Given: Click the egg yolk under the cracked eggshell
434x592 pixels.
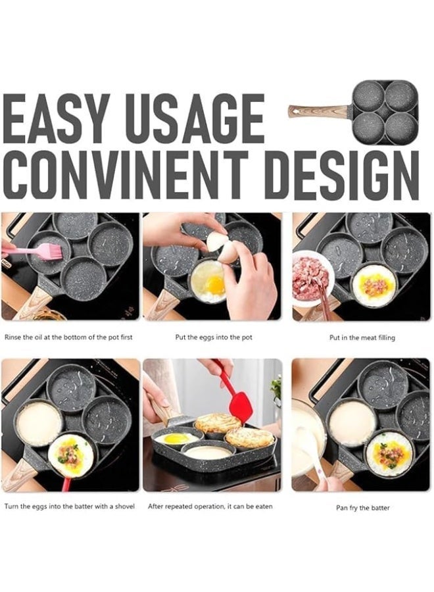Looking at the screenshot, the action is click(x=215, y=284).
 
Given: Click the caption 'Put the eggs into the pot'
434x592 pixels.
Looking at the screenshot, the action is click(x=213, y=337).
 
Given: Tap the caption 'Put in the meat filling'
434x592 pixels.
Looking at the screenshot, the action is click(x=362, y=337).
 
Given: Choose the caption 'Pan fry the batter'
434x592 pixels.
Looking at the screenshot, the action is click(x=363, y=508).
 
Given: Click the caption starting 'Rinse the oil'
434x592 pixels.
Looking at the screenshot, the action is click(x=68, y=337).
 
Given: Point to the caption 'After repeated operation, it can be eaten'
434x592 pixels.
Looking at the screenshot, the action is click(x=210, y=506).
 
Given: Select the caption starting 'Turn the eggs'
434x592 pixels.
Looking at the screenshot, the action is click(x=70, y=506).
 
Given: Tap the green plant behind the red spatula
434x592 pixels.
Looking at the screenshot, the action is click(x=276, y=389).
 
